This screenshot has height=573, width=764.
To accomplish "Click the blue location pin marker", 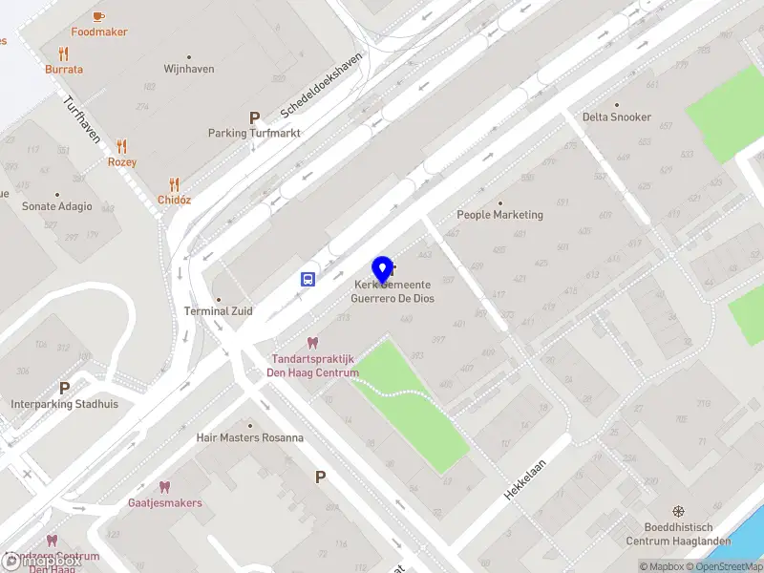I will (x=383, y=269).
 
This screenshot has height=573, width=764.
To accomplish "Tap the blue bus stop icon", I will (x=308, y=279).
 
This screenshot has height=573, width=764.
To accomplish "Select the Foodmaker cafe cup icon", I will (x=99, y=16).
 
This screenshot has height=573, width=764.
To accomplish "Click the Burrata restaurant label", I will (x=64, y=70).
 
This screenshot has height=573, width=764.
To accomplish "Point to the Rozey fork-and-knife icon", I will (x=121, y=146).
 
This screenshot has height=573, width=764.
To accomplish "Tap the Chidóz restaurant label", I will (x=174, y=200).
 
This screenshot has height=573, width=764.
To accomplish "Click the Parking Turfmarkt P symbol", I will (x=254, y=117).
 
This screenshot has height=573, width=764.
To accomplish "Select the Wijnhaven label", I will (x=189, y=70).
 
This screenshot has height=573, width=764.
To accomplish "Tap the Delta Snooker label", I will (x=617, y=117).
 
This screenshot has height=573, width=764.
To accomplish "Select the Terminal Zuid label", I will (x=219, y=311).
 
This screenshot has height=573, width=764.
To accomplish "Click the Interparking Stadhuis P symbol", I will (x=65, y=388).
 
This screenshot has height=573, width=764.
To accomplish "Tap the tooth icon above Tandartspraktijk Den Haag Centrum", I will (x=311, y=343).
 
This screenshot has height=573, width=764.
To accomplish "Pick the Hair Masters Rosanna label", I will (x=249, y=438).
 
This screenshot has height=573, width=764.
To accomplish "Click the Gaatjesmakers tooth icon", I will (x=164, y=486).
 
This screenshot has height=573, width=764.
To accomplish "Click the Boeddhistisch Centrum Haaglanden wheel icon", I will (x=678, y=512).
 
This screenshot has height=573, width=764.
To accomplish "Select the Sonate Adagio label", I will (x=57, y=206).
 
